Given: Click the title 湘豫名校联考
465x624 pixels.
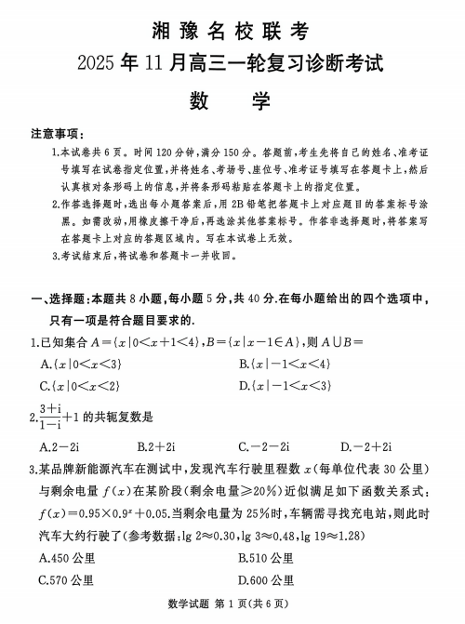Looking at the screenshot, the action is (x=232, y=32).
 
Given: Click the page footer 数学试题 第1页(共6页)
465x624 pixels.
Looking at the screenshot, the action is (x=232, y=608).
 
